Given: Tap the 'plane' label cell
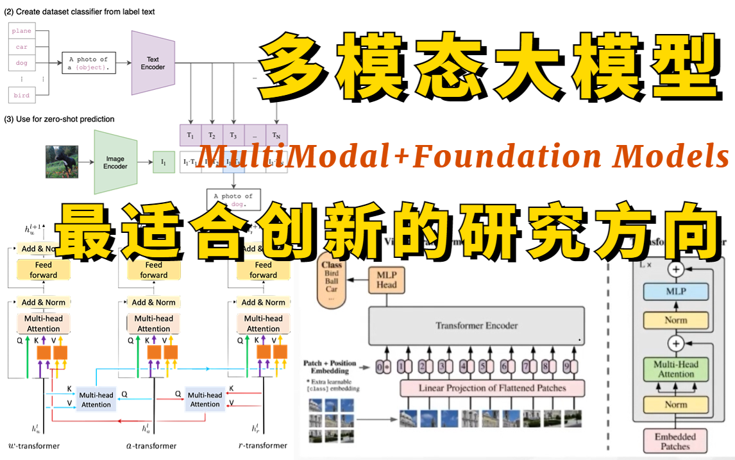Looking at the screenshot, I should coord(21,31).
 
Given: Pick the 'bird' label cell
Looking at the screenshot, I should coord(21,96).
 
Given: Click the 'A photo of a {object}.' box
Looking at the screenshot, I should coord(89,63).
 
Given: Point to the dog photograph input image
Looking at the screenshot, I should coord(62,162).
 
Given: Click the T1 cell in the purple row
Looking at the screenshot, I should coord(190,135).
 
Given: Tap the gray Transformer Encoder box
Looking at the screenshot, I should coord(476,325).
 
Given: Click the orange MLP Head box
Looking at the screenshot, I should coord(387,280).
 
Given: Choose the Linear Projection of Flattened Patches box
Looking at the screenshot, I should coord(492,388).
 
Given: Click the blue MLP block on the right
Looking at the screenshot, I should coord(675,291).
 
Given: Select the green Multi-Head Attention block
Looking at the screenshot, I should coord(675,369).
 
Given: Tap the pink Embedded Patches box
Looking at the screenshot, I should coord(675,441).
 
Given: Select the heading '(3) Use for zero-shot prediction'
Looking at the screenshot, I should coord(60,119).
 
